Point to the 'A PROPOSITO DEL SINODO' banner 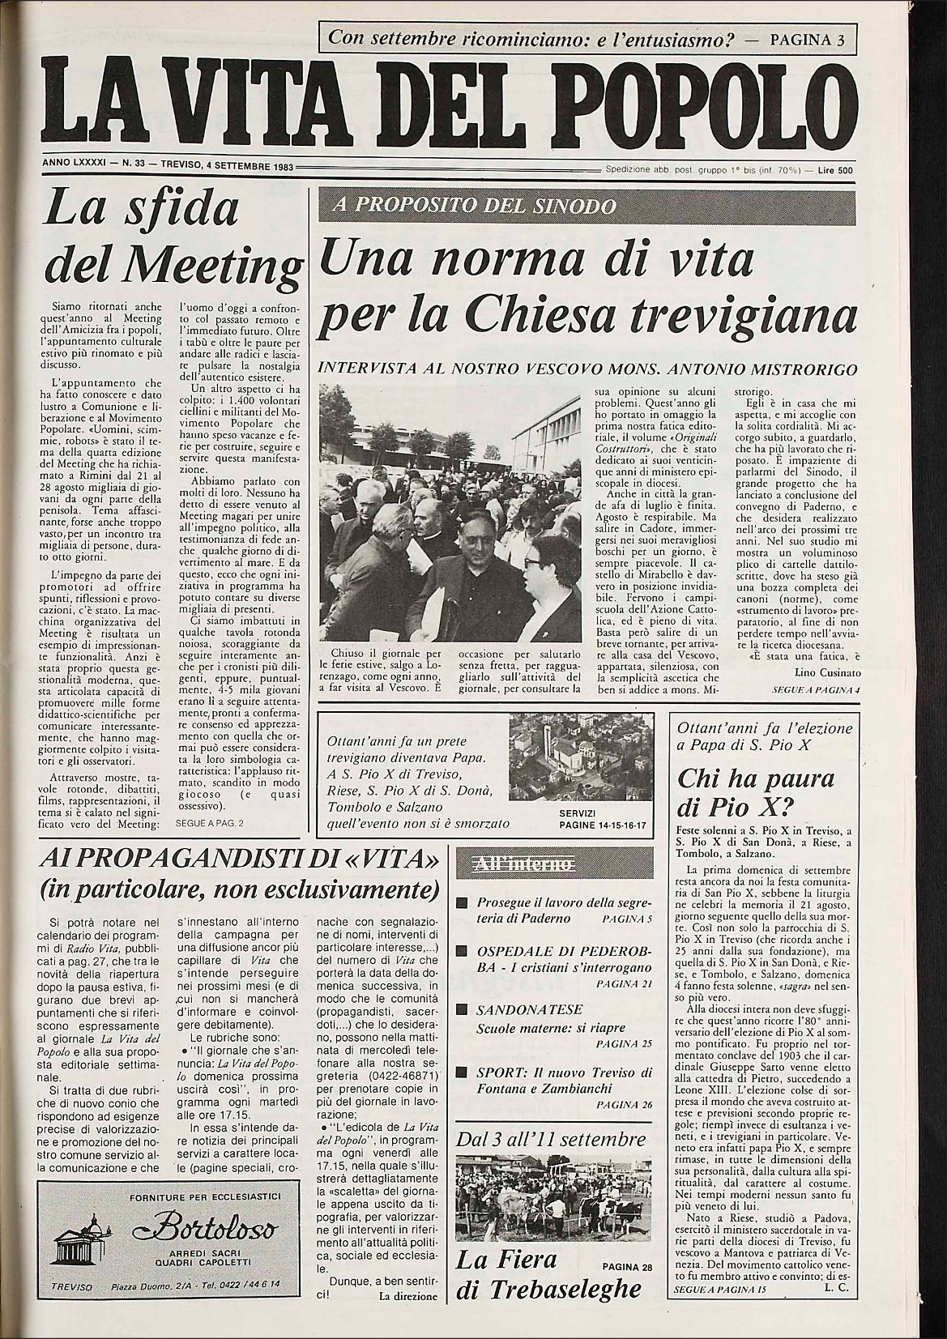474,207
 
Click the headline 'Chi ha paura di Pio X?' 755,794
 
